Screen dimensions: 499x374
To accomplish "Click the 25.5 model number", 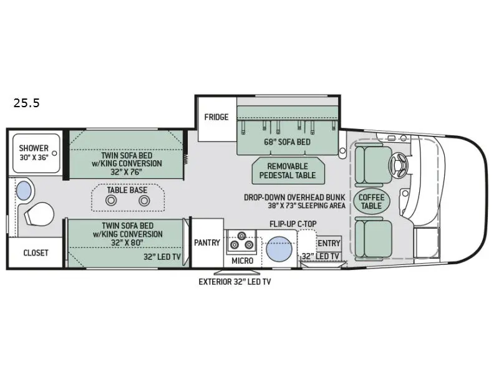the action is (26, 103).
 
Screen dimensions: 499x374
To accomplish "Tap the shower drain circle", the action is (54, 153).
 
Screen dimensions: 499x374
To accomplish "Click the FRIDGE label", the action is (216, 117).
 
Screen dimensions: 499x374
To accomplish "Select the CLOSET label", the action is (36, 253).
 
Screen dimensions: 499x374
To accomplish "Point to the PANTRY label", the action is (207, 242).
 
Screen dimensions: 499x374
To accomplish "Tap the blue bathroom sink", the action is (24, 191).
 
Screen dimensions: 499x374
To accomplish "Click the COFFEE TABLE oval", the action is (371, 201).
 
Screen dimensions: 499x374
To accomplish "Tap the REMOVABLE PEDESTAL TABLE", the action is (288, 171).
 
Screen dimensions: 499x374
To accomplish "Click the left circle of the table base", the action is (111, 201).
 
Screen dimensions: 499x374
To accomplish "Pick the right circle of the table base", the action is (144, 201).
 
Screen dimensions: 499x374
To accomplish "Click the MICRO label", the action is (243, 261).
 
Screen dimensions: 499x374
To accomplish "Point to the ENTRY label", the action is (329, 243).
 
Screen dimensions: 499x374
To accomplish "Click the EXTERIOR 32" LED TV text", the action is (235, 282).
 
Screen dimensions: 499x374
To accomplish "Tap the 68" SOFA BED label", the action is (287, 142).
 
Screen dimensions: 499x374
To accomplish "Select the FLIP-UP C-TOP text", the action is (293, 224).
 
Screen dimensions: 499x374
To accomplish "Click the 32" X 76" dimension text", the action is (126, 172).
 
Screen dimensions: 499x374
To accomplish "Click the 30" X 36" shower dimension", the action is (34, 158).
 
